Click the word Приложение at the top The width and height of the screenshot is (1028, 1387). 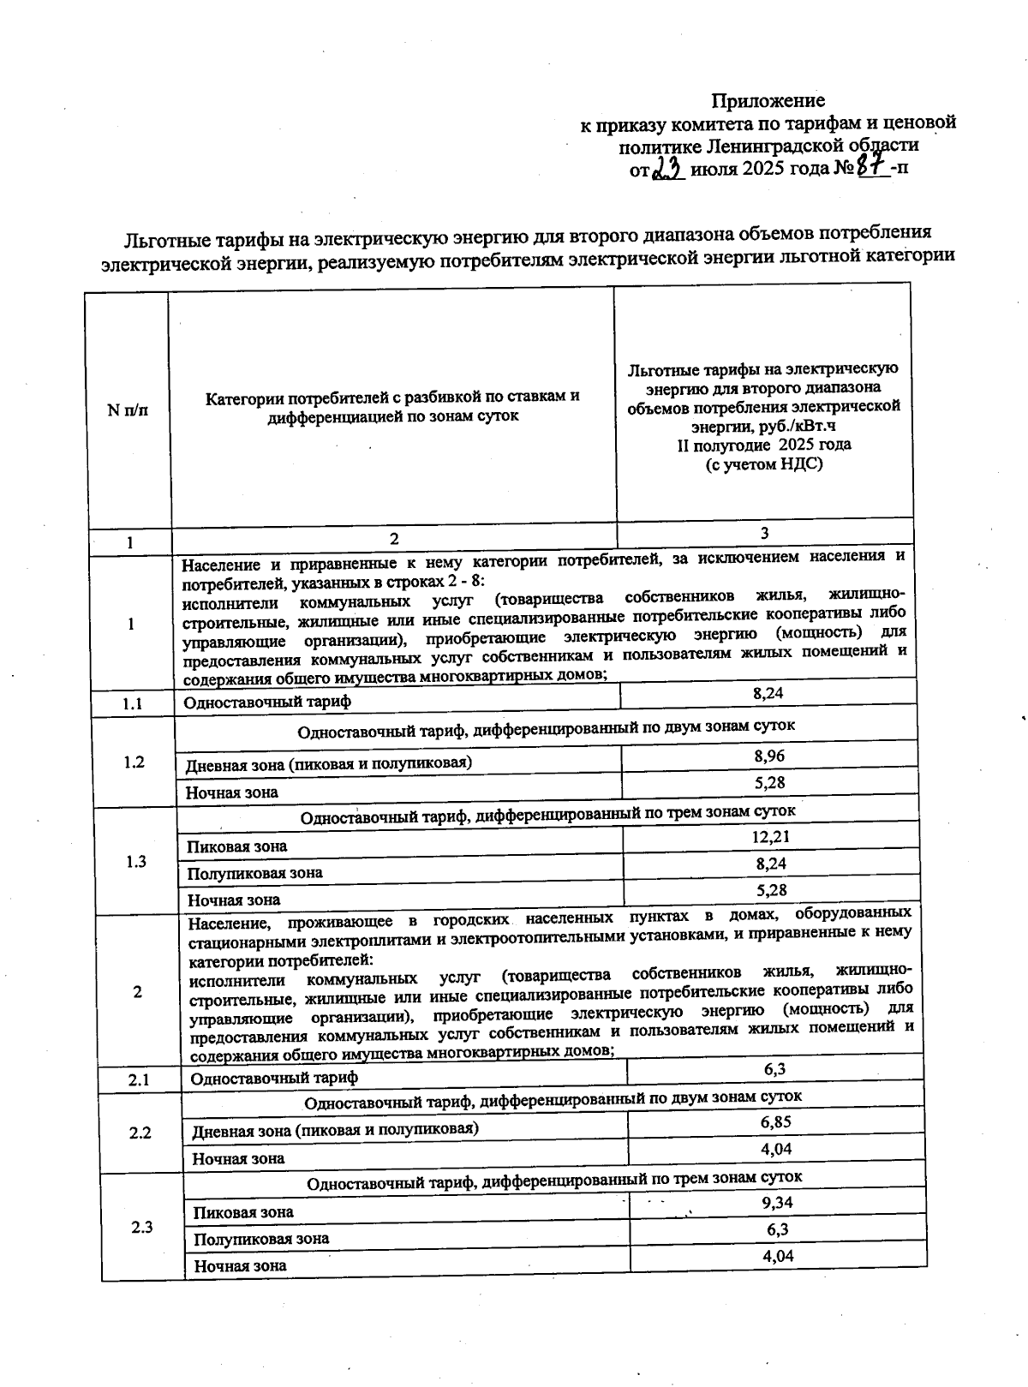(768, 101)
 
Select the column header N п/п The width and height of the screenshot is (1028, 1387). (127, 410)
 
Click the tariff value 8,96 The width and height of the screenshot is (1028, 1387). (768, 755)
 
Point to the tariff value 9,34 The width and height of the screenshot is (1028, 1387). (777, 1202)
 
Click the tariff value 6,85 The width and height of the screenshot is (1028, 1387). (775, 1121)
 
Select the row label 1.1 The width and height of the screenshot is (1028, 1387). (131, 704)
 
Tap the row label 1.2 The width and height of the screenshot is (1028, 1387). (134, 762)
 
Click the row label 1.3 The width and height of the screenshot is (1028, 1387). (135, 862)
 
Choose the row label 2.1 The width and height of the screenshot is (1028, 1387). (140, 1080)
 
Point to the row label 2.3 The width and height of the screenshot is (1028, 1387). (142, 1227)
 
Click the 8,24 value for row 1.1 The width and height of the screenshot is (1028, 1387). (768, 693)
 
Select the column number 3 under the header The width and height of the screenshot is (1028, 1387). (764, 533)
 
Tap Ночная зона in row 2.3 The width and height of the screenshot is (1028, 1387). (240, 1265)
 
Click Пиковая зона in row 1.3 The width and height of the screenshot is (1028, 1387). (237, 846)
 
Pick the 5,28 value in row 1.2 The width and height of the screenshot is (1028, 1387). (770, 782)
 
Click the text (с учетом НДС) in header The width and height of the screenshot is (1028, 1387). (763, 464)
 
